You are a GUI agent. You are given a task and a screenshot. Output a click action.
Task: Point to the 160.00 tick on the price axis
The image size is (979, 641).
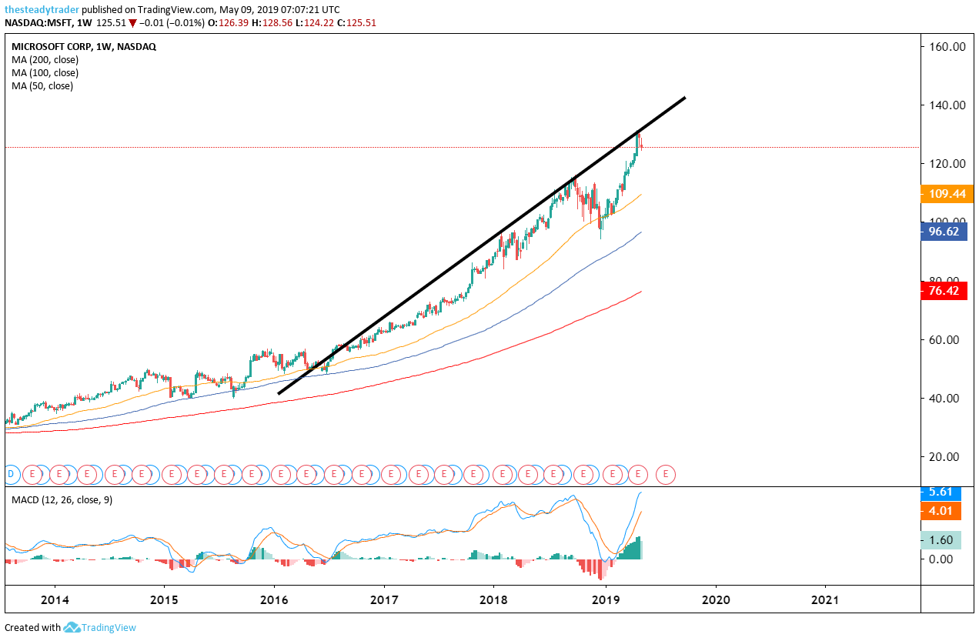point(947,47)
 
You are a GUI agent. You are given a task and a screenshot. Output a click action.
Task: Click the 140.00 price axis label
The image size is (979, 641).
point(947,105)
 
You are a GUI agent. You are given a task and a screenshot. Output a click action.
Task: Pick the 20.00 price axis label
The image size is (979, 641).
point(947,456)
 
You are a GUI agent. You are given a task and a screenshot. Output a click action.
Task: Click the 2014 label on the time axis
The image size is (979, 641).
point(55,599)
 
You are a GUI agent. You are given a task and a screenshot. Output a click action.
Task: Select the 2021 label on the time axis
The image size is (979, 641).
point(825,599)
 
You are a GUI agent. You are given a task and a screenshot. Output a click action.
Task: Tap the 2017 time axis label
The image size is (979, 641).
point(383,599)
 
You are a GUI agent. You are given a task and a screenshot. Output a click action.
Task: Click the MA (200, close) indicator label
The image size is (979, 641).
point(45,60)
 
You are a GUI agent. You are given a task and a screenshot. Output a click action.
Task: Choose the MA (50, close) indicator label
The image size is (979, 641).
point(42,86)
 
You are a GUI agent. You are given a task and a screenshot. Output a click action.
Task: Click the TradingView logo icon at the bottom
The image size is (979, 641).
point(72,628)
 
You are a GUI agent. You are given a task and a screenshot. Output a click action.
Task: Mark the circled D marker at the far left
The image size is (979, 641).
point(11,474)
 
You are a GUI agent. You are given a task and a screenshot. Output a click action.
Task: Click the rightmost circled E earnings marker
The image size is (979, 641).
point(666,474)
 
